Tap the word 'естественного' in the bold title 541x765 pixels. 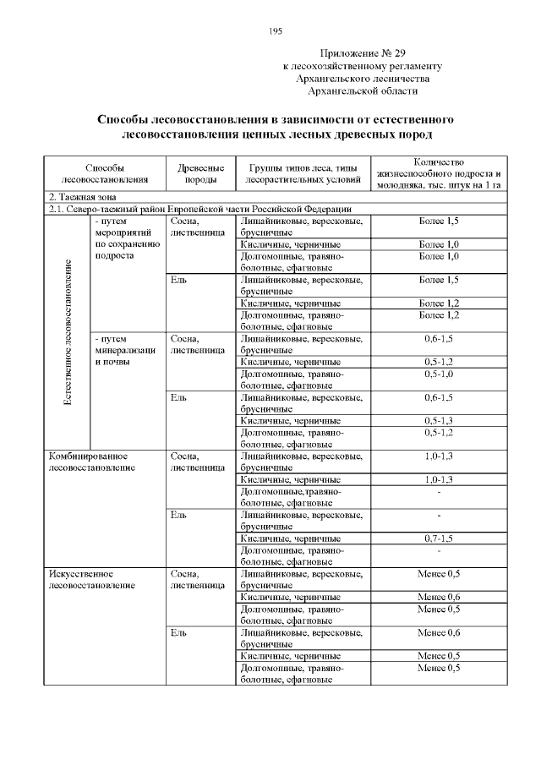coord(388,119)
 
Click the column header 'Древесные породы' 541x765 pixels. coord(200,173)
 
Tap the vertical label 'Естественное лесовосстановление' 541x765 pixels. coord(68,331)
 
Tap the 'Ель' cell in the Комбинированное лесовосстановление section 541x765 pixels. coord(178,515)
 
